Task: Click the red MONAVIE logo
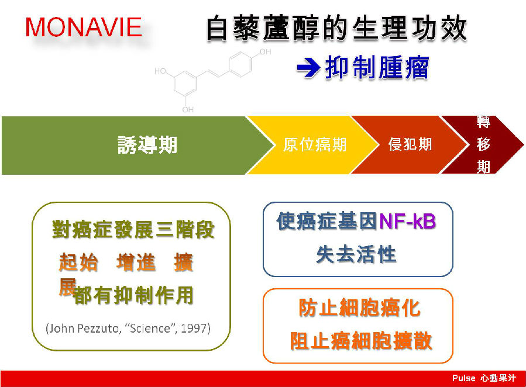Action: [x=84, y=27]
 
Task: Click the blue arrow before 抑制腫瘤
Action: [x=308, y=68]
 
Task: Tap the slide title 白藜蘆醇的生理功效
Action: [x=336, y=29]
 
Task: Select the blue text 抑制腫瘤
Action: [x=377, y=68]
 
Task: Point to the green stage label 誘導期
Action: [x=147, y=145]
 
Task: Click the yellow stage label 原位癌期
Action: [x=315, y=145]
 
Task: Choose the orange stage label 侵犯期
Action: [x=410, y=144]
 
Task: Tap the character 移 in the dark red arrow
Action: [x=483, y=144]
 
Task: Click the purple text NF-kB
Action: [x=407, y=222]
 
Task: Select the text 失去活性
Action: [x=356, y=254]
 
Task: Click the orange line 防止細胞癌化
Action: [x=359, y=307]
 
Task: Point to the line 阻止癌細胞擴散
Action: [x=360, y=341]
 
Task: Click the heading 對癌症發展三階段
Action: [x=133, y=230]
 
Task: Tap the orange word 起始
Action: [x=78, y=262]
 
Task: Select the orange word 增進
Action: [x=136, y=262]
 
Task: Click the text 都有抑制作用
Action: [x=133, y=295]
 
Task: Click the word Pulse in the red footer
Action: [x=463, y=378]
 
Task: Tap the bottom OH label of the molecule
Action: [x=188, y=109]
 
